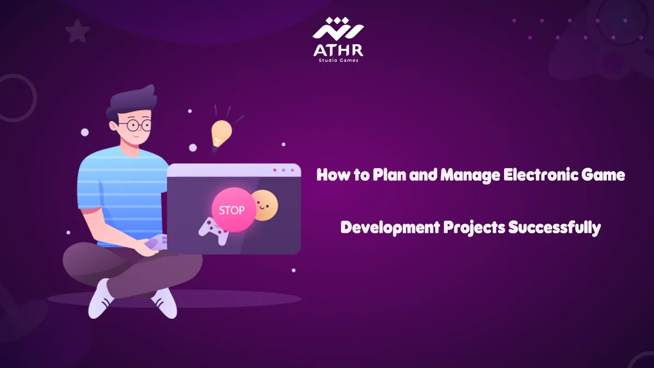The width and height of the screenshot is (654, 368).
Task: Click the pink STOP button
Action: (x=233, y=209)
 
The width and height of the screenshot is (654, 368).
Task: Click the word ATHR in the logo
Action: (x=338, y=50)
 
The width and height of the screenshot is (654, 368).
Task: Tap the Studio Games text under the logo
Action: (x=338, y=60)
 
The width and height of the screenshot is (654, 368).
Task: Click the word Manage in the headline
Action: (x=470, y=175)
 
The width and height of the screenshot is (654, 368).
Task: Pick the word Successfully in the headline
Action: (x=554, y=228)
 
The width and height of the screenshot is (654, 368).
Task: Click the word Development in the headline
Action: (x=390, y=228)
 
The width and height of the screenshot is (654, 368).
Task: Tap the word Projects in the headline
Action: (x=474, y=228)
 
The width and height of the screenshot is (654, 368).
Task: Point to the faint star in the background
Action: (x=78, y=31)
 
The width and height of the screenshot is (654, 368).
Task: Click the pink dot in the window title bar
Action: (x=274, y=170)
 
